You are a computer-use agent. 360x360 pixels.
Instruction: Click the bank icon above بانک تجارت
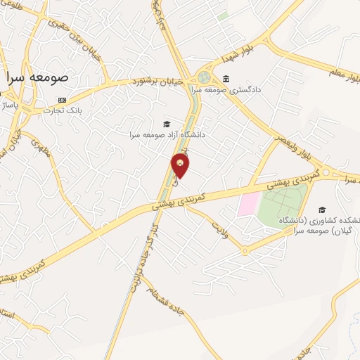(63, 100)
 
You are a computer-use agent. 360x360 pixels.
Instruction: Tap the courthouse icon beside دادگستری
(226, 78)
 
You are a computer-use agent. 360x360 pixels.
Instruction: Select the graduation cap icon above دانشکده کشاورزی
(322, 210)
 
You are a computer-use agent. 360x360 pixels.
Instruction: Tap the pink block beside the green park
(247, 205)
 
